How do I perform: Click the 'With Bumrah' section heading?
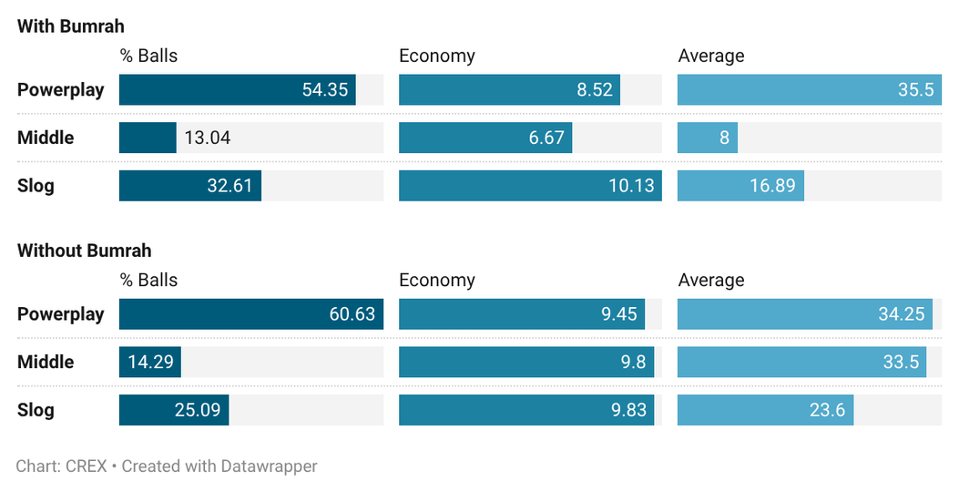click(x=71, y=26)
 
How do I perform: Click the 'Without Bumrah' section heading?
click(x=85, y=251)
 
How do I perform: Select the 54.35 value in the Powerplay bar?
click(x=325, y=90)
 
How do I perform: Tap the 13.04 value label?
click(x=208, y=138)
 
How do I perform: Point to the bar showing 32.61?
click(x=190, y=186)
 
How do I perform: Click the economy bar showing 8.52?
click(x=509, y=90)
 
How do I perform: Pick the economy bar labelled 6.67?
click(x=485, y=138)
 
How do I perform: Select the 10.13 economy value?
click(x=631, y=186)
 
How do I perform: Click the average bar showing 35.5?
click(x=810, y=90)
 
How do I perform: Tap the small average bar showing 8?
click(x=708, y=138)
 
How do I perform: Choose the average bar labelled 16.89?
click(x=740, y=186)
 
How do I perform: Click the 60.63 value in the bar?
click(x=352, y=314)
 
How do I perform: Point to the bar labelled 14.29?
click(x=150, y=362)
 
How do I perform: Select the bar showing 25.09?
click(x=174, y=409)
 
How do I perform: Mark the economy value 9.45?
click(x=619, y=314)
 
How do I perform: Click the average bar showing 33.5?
click(x=801, y=362)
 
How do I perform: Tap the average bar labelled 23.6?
click(x=766, y=409)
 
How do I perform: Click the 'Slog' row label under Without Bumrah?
click(x=36, y=410)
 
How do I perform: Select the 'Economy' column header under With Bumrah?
click(x=436, y=56)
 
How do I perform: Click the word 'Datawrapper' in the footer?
click(x=269, y=466)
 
